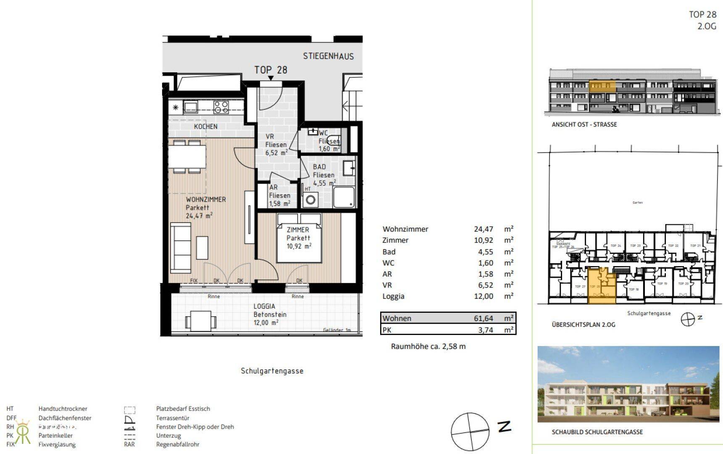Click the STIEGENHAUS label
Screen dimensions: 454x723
click(328, 56)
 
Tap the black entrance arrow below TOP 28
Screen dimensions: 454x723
click(271, 78)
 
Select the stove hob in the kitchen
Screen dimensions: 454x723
click(221, 107)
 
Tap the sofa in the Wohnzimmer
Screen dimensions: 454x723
click(181, 247)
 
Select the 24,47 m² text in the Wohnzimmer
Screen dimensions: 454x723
click(199, 216)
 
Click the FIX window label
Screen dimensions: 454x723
click(194, 280)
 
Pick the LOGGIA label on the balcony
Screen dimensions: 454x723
click(264, 306)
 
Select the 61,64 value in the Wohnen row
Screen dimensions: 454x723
click(484, 318)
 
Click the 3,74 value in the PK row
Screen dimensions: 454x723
click(486, 330)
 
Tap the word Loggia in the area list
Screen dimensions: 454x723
click(393, 296)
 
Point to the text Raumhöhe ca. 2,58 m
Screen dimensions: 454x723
click(428, 346)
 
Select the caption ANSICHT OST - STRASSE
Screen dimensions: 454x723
click(584, 124)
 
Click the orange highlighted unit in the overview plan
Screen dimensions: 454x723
click(601, 287)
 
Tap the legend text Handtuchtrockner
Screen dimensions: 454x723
click(63, 409)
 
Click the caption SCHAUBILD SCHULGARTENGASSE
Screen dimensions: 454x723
click(597, 432)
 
